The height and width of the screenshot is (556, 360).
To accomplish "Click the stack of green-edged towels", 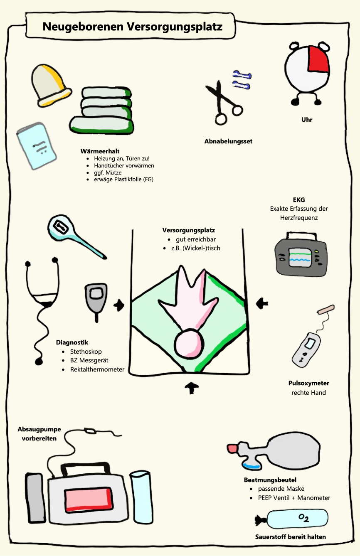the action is tap(101, 111).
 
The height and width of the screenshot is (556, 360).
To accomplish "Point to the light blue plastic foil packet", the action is tap(37, 146).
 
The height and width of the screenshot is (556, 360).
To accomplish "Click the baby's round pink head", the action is tap(189, 344).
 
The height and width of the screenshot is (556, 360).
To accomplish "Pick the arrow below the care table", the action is tap(192, 388).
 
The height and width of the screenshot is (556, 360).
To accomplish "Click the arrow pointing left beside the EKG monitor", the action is tap(262, 303).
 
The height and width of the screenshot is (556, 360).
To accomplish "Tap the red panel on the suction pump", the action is tap(89, 499).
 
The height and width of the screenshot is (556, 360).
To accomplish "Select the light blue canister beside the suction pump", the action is tap(141, 497).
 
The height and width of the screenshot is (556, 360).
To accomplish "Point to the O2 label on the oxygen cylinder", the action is tap(304, 518).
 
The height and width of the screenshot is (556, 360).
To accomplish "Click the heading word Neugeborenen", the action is tap(83, 27).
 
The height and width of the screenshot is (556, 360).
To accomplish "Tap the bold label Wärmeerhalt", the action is tap(100, 151).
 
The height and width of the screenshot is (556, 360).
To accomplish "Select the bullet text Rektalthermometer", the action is tap(97, 369).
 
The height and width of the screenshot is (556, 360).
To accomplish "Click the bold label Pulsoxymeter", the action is tap(308, 383).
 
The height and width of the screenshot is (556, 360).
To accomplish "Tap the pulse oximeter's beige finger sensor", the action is tap(326, 309).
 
